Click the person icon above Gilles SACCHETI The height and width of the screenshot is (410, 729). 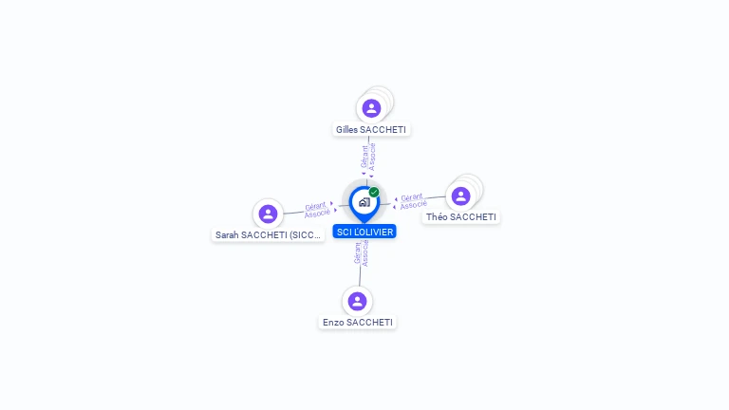pos(371,108)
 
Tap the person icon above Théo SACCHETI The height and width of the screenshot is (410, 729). pos(460,196)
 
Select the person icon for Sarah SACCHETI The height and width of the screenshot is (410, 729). pos(268,214)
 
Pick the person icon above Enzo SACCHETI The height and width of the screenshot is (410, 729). pos(357,301)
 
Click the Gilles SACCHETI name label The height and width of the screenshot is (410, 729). pos(372,129)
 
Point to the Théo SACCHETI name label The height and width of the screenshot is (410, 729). pos(460,216)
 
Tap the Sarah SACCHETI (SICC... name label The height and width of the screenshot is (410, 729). pos(269,234)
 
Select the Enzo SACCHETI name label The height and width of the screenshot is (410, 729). pos(357,322)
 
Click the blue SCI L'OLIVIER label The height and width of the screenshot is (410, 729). pos(364,232)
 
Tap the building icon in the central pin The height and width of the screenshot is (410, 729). pos(364,202)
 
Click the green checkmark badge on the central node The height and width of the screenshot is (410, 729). pos(374,193)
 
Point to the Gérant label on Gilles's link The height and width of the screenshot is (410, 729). pos(364,157)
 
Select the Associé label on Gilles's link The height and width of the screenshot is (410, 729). pos(373,157)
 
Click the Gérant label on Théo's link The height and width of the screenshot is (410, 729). pos(411,197)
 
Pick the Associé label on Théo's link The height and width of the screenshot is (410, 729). pos(413,205)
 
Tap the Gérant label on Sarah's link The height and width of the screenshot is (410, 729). pos(315,206)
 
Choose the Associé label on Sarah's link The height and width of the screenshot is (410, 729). pos(317,214)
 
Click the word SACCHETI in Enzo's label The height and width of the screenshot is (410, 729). pos(369,322)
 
